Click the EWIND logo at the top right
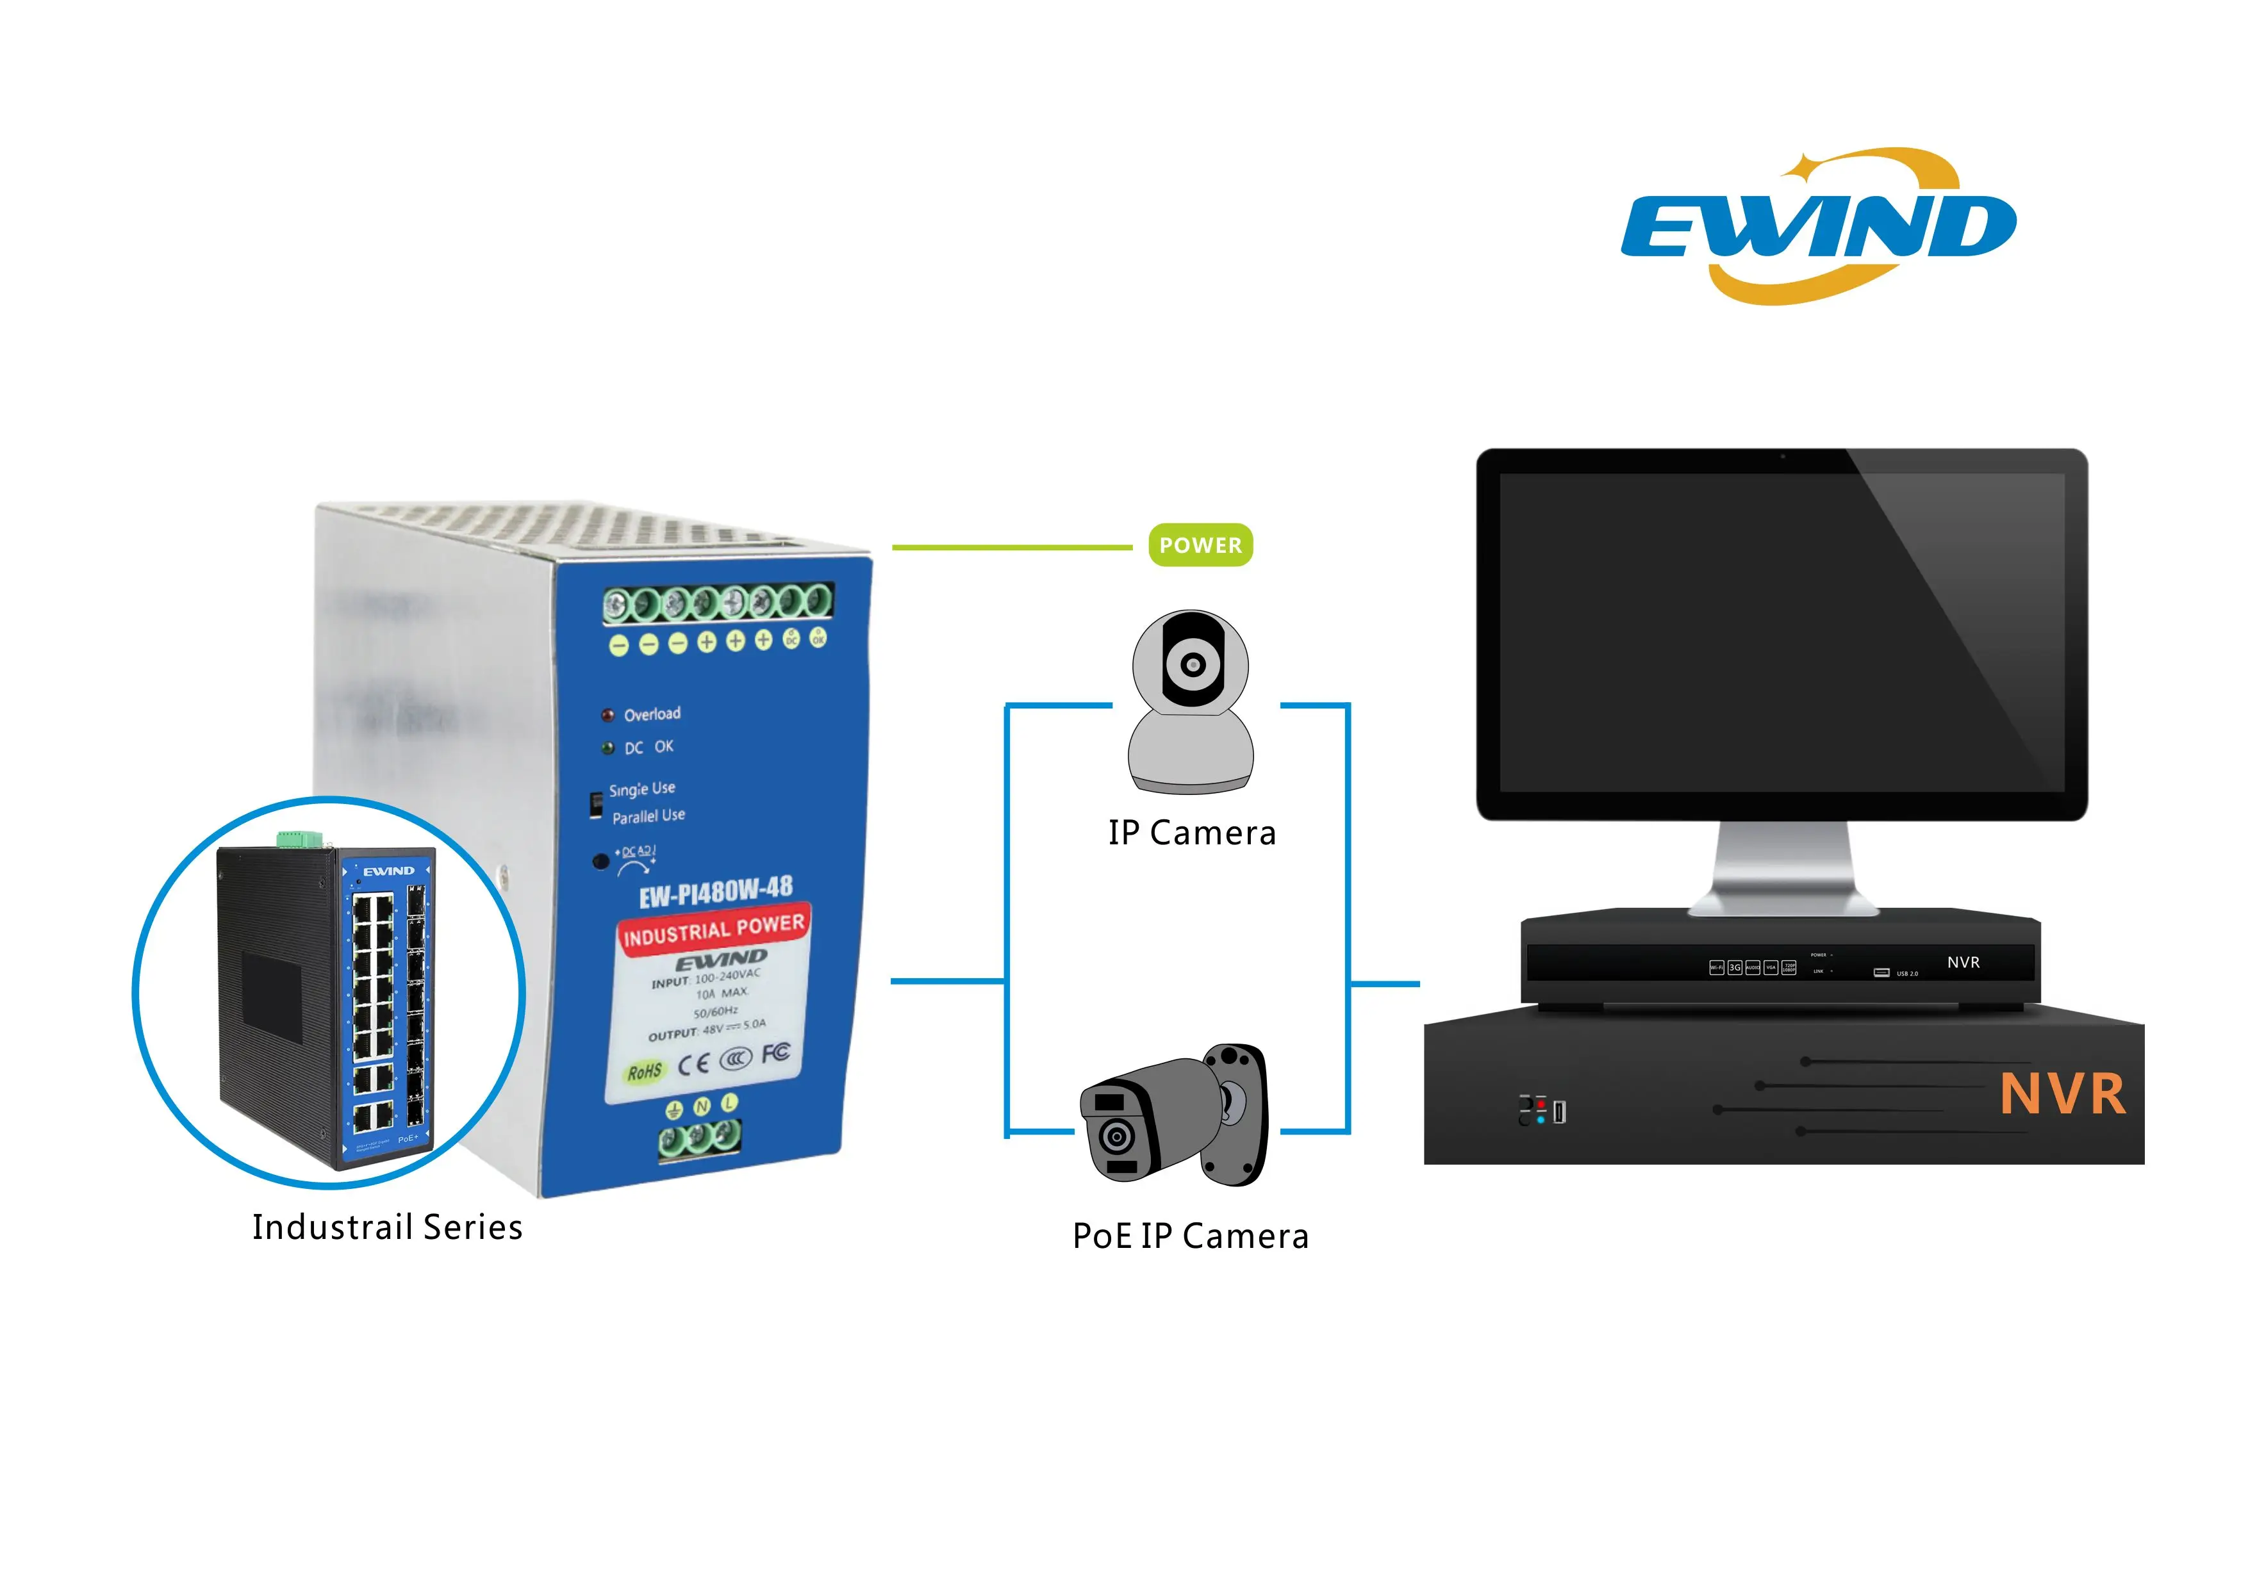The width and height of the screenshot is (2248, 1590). coord(1818,227)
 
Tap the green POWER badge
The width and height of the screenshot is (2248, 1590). coord(1200,545)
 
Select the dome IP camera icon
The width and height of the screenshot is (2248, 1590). coord(1191,701)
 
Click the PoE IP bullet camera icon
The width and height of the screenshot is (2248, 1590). coord(1174,1115)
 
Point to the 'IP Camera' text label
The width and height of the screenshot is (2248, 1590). coord(1191,833)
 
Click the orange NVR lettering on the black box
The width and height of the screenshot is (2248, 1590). coord(2062,1095)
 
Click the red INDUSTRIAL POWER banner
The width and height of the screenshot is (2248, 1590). coord(714,930)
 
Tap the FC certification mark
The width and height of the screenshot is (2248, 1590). coord(775,1053)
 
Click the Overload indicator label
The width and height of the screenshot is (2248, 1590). coord(652,714)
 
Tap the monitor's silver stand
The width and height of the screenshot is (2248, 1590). coord(1783,867)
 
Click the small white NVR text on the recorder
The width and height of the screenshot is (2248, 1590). coord(1963,962)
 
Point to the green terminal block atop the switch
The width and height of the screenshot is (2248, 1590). coord(300,839)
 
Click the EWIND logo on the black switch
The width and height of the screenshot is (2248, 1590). coord(389,871)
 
